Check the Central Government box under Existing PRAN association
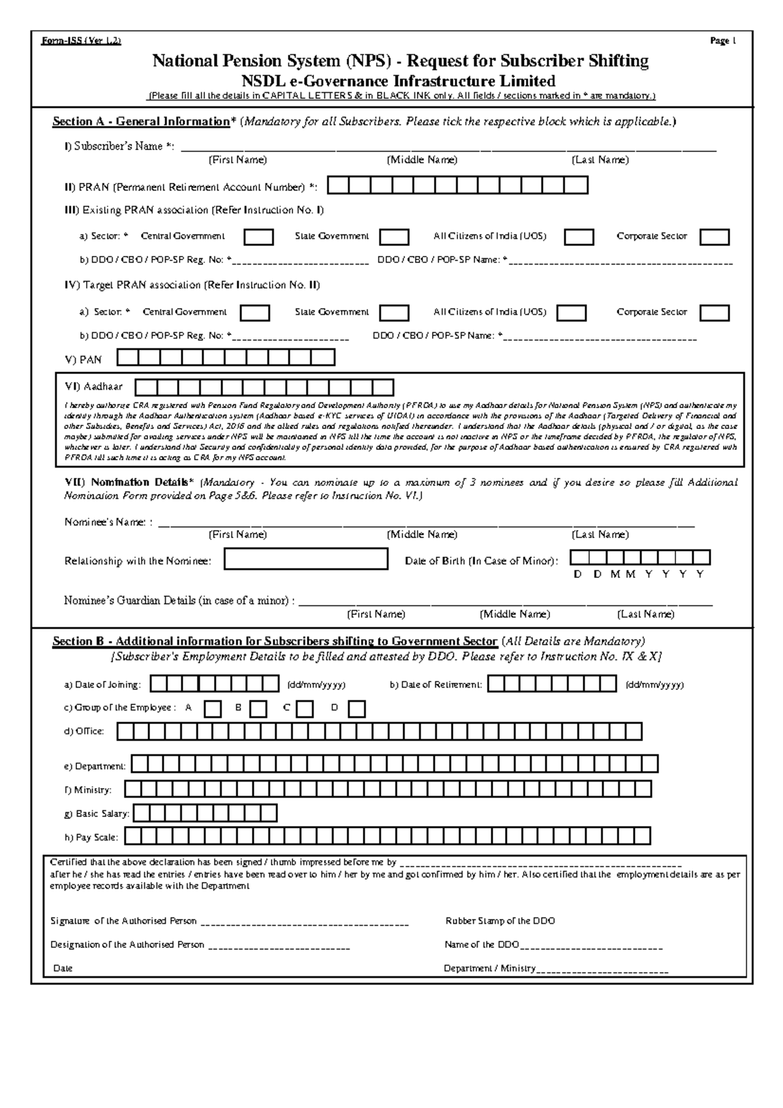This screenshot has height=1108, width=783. click(258, 237)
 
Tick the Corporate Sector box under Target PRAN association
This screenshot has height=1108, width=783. click(714, 313)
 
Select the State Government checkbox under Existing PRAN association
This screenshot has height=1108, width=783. click(394, 237)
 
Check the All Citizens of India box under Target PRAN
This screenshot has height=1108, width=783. click(571, 313)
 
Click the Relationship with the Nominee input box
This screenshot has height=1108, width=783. click(305, 560)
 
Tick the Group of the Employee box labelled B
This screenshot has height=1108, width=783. click(258, 709)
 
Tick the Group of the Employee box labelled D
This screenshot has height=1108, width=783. click(356, 709)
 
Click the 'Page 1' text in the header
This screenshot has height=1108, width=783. click(723, 41)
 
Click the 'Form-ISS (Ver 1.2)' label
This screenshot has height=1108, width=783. click(81, 41)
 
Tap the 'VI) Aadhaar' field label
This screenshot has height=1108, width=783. click(93, 387)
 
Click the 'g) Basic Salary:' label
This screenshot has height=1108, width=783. click(97, 814)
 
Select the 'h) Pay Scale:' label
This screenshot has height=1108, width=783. click(91, 837)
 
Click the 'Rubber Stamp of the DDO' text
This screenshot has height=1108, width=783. click(500, 921)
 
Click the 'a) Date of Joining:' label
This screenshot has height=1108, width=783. click(102, 685)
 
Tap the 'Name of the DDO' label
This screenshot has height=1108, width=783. click(482, 945)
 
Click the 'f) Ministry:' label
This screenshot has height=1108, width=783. click(88, 791)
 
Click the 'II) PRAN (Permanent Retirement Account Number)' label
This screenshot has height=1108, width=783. click(191, 188)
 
